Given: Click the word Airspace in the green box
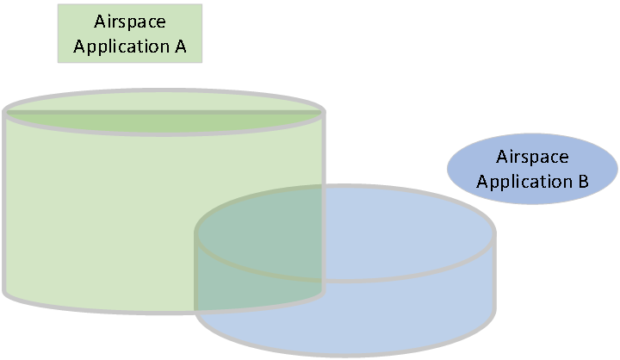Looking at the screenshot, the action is tap(130, 22).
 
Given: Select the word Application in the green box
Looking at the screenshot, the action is tap(121, 47).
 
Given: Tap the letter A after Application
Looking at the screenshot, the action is tap(180, 46).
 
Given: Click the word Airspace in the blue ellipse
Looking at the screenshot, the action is tap(532, 157).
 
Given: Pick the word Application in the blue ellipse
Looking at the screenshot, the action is tap(524, 182).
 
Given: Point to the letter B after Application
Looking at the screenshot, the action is tap(583, 181).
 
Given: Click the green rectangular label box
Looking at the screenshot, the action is tap(130, 34).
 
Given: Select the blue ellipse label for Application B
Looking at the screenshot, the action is tap(532, 169).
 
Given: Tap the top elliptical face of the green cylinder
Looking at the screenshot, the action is tap(164, 112).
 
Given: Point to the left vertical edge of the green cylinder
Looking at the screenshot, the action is tap(4, 202).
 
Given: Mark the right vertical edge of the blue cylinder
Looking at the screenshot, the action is tap(494, 272).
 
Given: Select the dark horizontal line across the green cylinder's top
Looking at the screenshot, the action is tap(164, 113).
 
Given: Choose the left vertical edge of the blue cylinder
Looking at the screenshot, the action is tap(195, 272).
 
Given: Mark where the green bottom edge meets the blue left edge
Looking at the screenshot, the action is tap(195, 312).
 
